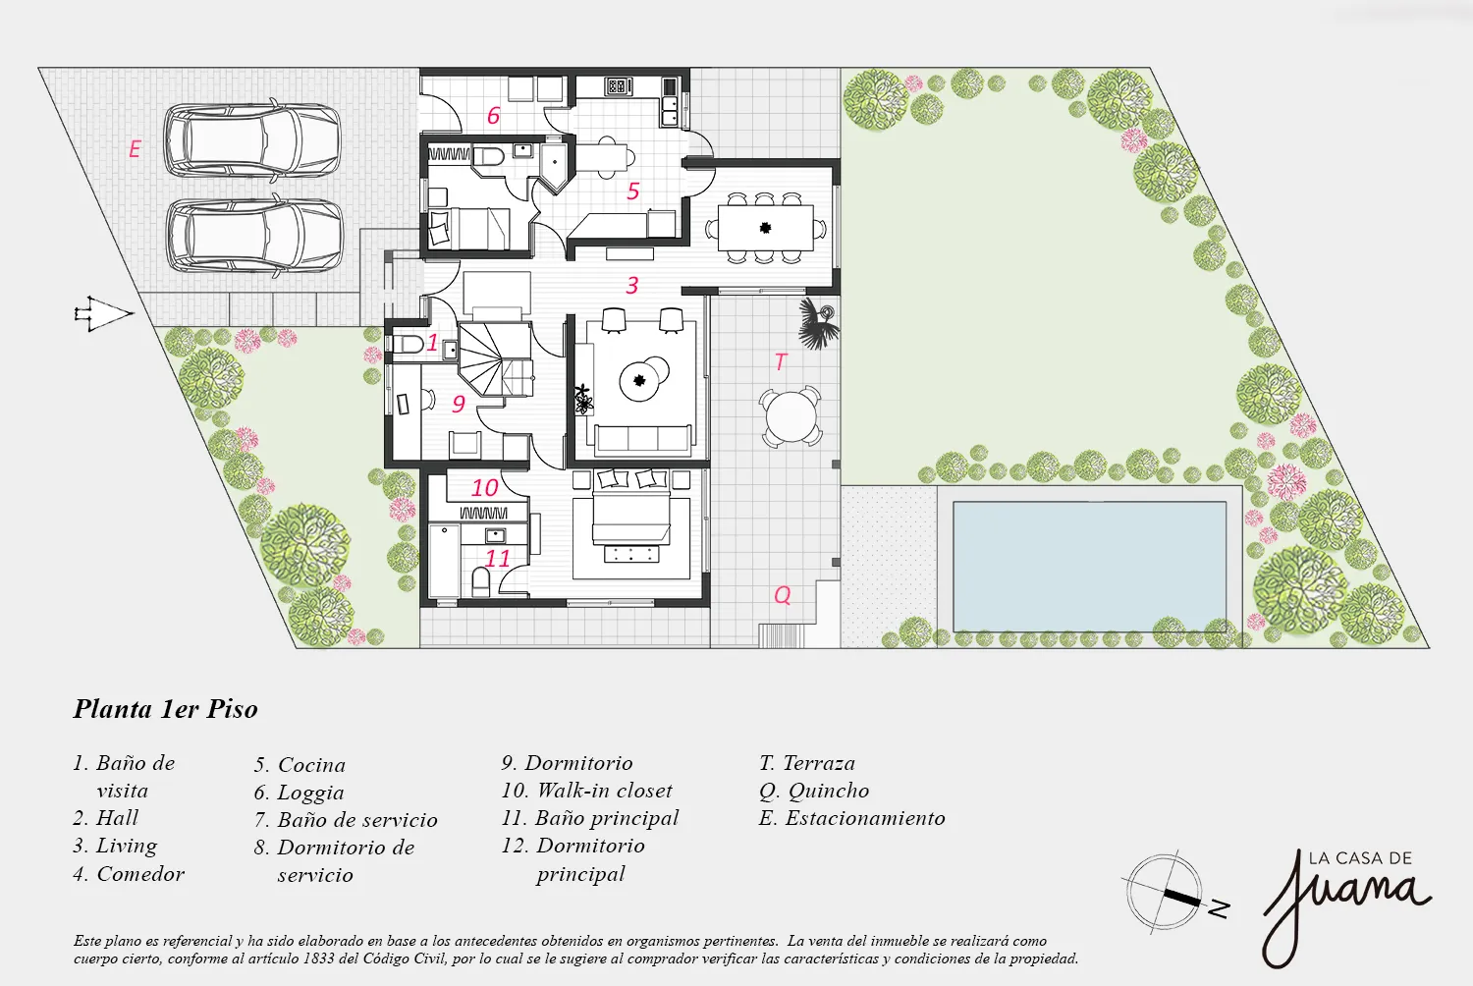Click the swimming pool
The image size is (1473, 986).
(x=1089, y=567)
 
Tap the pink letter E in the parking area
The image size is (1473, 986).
(x=135, y=149)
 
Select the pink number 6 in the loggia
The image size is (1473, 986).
(x=493, y=116)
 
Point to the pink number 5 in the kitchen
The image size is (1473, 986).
(x=632, y=192)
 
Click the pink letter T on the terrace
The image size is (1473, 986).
(x=781, y=361)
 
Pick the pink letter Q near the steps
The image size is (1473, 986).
(x=782, y=595)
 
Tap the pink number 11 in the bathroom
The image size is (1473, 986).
(x=497, y=559)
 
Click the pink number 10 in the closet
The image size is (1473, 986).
(x=485, y=487)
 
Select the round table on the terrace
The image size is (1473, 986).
(x=791, y=415)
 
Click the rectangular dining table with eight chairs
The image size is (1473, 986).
(x=765, y=228)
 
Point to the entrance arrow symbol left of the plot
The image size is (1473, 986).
(x=104, y=313)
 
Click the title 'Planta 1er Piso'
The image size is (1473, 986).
(x=165, y=709)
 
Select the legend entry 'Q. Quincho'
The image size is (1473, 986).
(x=814, y=791)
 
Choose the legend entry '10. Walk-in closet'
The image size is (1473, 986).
(x=586, y=790)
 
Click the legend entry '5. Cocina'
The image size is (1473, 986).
(x=300, y=764)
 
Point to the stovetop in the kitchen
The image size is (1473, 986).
(x=618, y=86)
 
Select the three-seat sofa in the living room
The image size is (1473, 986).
(x=642, y=439)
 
